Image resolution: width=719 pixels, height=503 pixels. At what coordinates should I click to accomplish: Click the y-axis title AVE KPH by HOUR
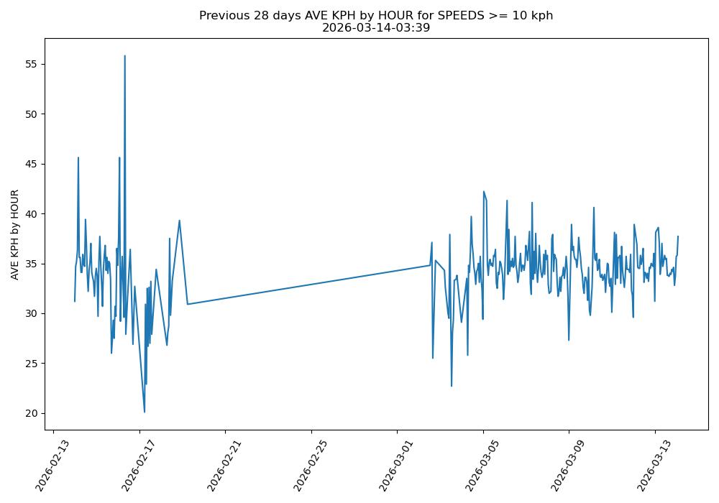tap(14, 234)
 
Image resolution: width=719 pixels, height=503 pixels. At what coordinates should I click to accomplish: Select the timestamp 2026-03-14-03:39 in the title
tap(375, 28)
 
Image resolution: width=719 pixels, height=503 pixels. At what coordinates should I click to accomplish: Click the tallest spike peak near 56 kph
tap(124, 56)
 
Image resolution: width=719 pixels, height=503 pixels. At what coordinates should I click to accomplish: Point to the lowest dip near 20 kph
tap(145, 412)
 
